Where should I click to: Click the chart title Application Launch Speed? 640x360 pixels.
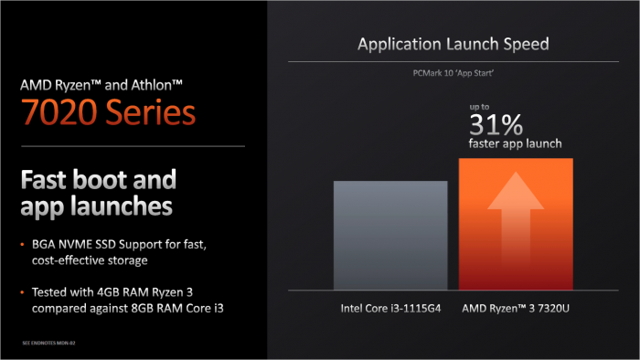pyautogui.click(x=453, y=43)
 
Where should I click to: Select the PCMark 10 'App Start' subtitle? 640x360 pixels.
pyautogui.click(x=453, y=72)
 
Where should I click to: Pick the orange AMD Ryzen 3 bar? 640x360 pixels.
pyautogui.click(x=516, y=224)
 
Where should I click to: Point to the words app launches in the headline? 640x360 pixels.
pyautogui.click(x=96, y=206)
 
